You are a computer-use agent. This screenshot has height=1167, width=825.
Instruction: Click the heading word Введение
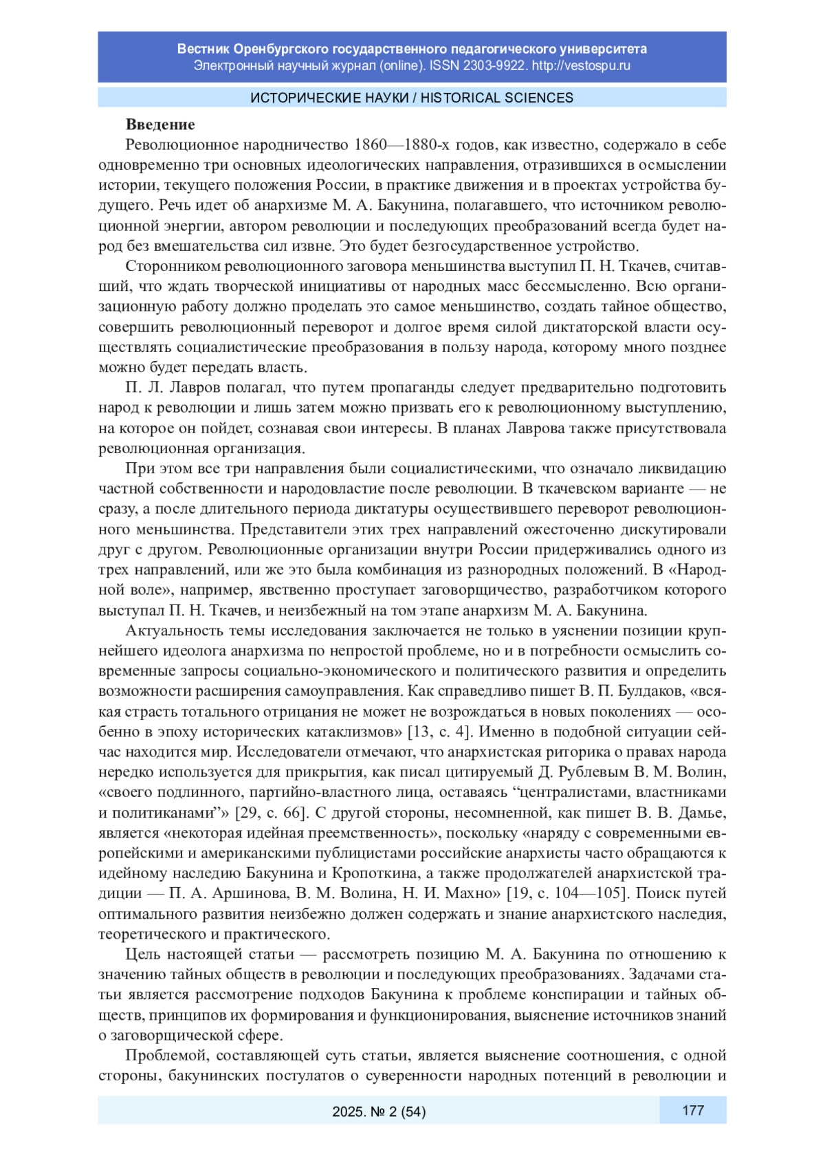[x=160, y=124]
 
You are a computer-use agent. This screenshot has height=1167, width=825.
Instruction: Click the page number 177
[x=692, y=1110]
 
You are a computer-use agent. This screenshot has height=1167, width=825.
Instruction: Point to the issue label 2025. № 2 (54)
[x=379, y=1111]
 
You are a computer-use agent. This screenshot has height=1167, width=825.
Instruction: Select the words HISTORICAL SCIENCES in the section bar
[x=497, y=98]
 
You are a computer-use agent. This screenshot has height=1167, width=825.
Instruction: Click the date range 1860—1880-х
[x=405, y=145]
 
